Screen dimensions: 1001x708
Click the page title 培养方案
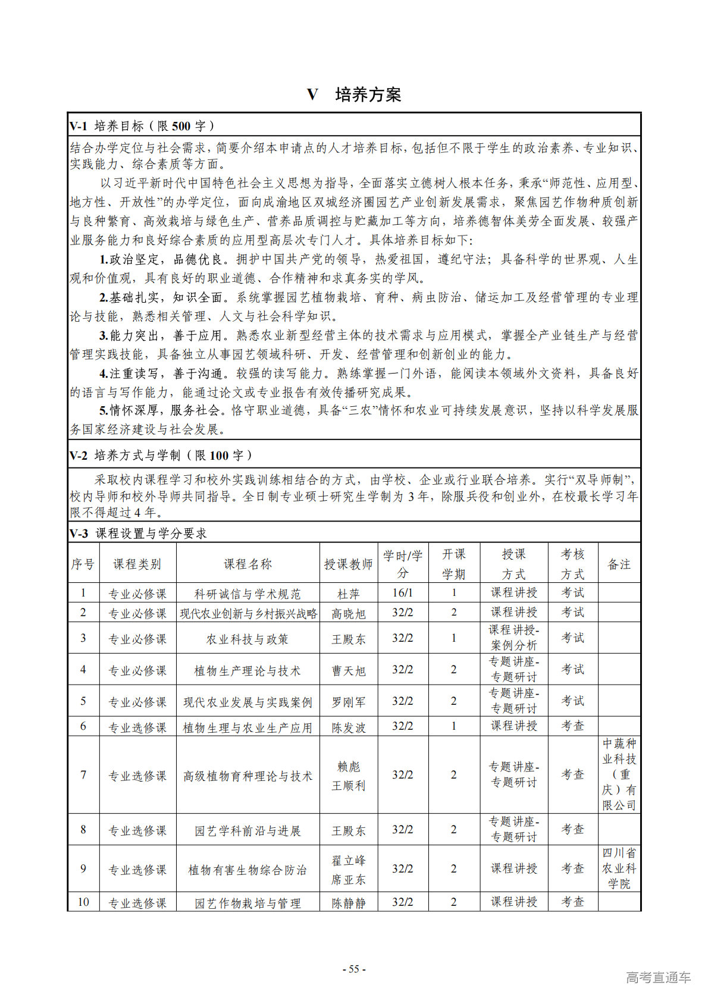point(368,95)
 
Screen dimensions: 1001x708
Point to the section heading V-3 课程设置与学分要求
point(138,534)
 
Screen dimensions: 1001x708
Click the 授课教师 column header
point(348,564)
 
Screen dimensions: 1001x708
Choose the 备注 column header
point(619,564)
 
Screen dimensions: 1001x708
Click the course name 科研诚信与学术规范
point(248,594)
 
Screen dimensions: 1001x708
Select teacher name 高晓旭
point(348,613)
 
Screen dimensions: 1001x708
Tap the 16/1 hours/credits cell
point(402,593)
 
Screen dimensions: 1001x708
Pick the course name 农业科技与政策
point(248,639)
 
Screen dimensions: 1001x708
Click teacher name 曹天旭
point(348,670)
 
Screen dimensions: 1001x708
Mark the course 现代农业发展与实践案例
point(248,702)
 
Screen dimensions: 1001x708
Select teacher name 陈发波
point(348,727)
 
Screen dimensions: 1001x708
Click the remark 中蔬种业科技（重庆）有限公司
point(619,774)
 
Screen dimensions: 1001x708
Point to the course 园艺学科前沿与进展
point(248,830)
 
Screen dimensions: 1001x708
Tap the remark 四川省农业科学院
point(619,868)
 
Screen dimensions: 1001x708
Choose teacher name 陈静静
point(348,903)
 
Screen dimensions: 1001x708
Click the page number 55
point(354,969)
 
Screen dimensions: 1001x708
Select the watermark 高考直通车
point(658,977)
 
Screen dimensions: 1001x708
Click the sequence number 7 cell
point(83,775)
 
